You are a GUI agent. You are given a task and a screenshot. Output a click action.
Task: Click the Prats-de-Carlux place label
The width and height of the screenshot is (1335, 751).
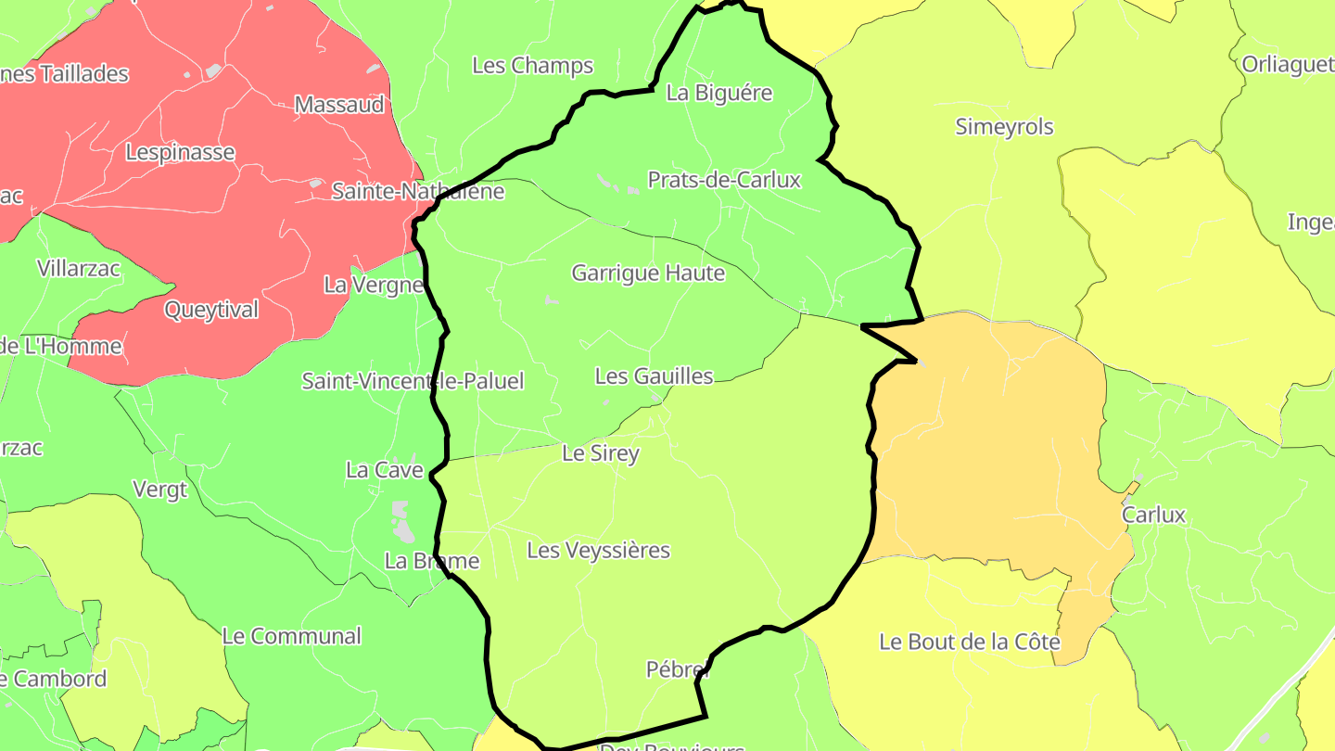tap(723, 180)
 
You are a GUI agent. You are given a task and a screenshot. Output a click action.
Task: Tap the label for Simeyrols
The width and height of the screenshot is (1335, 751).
tap(1004, 127)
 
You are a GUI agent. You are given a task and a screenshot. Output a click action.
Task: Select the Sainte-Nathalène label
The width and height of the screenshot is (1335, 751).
tap(418, 192)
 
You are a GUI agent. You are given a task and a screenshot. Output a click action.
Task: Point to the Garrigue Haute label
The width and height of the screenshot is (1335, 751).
tap(648, 274)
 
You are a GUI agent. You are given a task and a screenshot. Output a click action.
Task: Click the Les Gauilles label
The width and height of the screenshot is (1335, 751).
tap(654, 376)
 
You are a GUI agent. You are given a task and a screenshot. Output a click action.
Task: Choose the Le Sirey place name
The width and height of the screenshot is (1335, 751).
tap(601, 453)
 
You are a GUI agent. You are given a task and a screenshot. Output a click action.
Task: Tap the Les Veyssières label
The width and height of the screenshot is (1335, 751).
tap(598, 551)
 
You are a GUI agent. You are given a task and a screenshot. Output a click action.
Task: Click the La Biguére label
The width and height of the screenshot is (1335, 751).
tap(719, 94)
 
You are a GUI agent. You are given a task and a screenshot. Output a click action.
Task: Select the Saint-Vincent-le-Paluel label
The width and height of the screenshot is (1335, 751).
tap(413, 381)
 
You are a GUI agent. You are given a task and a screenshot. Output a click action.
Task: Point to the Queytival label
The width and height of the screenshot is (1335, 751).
tap(211, 311)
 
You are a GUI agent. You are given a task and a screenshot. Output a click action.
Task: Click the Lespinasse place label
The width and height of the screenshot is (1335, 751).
tap(180, 152)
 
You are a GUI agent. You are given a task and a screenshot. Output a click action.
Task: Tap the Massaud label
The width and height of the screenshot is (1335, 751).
tap(339, 105)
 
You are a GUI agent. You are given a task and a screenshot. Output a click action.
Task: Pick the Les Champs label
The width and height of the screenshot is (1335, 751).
tap(532, 66)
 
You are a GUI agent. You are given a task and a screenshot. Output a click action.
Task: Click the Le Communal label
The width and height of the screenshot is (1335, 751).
tap(291, 637)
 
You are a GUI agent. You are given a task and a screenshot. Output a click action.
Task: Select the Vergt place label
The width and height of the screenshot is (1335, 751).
tap(159, 490)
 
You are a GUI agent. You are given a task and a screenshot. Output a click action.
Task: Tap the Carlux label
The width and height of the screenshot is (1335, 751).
tap(1153, 515)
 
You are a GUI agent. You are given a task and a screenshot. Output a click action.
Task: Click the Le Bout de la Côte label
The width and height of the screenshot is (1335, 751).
tap(969, 642)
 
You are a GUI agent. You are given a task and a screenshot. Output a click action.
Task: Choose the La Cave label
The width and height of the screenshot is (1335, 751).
tap(384, 470)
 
